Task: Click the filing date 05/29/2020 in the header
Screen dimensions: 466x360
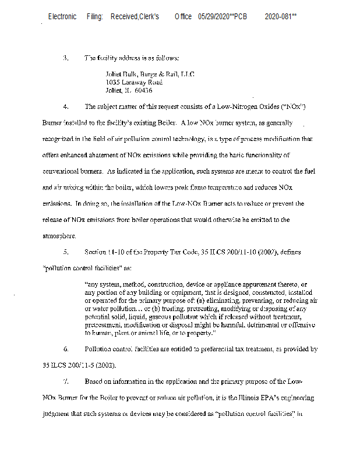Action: coord(213,17)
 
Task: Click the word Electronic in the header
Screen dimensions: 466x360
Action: coord(62,17)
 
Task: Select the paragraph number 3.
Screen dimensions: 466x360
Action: coord(66,58)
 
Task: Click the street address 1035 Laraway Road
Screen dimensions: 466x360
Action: coord(134,83)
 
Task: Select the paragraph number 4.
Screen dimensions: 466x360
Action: coord(66,107)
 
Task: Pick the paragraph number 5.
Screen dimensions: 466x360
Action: coord(66,252)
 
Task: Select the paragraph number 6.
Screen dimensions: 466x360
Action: coord(66,349)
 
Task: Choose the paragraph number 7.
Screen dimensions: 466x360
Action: coord(66,382)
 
